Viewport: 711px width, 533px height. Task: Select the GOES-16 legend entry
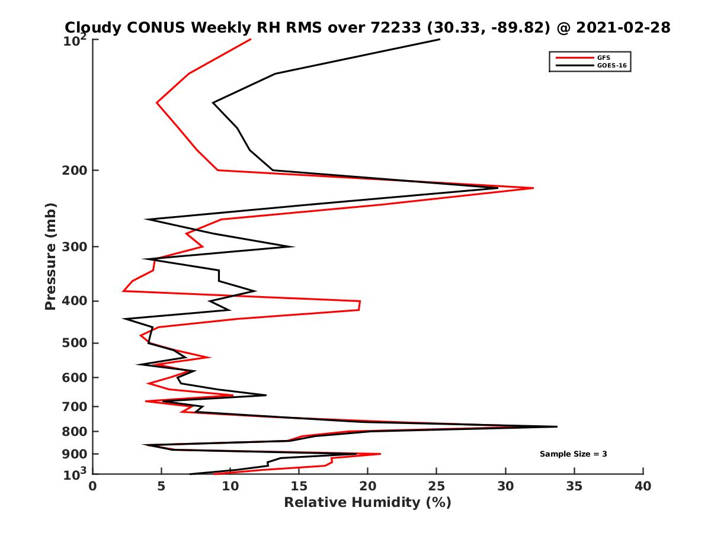(x=610, y=66)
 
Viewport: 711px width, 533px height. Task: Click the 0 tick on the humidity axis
(x=93, y=486)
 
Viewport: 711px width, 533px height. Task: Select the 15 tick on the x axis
(x=299, y=486)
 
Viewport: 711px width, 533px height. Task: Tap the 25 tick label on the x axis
(x=437, y=486)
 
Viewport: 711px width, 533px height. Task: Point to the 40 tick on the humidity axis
(x=643, y=486)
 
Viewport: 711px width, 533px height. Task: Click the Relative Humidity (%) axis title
(x=367, y=503)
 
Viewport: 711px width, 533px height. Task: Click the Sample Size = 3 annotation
(x=573, y=454)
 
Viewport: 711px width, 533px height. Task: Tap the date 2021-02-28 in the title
(x=627, y=27)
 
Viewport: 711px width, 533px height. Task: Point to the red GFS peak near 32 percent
(x=533, y=188)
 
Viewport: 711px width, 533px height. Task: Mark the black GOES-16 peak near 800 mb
(x=556, y=426)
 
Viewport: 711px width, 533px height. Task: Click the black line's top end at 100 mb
(x=440, y=39)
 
